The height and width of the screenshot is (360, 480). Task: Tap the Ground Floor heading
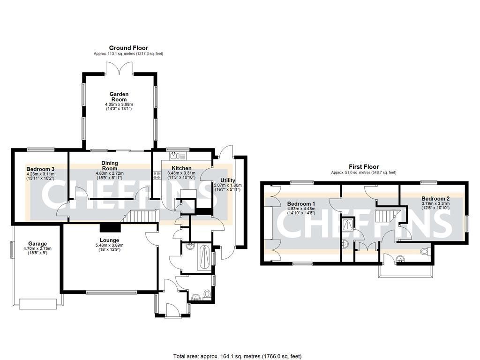tap(128, 48)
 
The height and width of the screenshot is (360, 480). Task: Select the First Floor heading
tap(363, 166)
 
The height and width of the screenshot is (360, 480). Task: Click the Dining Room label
tap(110, 165)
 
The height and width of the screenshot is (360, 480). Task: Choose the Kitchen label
tap(181, 168)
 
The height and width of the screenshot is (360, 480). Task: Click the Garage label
tap(37, 244)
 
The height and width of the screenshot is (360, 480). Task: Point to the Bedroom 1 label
tap(301, 204)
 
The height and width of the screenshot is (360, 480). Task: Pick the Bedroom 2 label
tap(435, 198)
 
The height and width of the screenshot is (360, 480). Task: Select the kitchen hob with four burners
tap(156, 175)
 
